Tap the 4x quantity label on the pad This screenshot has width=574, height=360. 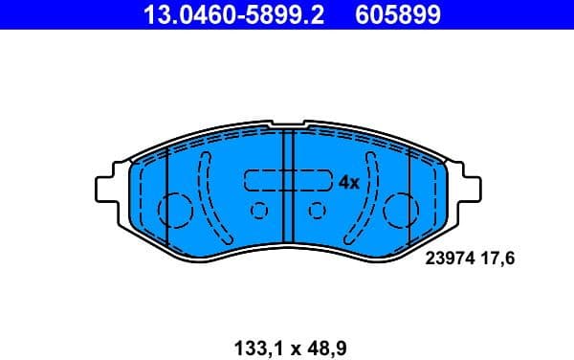coord(347,182)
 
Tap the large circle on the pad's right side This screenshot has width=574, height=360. coord(399,209)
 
